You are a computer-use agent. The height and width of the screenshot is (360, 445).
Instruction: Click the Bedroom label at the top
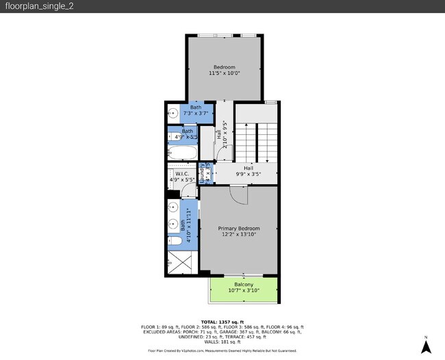click(224, 66)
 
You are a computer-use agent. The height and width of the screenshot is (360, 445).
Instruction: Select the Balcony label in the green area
click(244, 284)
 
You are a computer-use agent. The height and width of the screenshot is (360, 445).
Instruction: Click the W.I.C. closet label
click(181, 174)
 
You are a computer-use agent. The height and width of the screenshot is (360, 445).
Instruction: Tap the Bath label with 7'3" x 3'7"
click(196, 107)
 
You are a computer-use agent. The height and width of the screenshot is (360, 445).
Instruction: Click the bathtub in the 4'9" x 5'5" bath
click(182, 153)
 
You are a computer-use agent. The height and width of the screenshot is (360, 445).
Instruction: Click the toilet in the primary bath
click(175, 240)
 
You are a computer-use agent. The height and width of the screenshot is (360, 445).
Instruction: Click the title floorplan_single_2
click(34, 6)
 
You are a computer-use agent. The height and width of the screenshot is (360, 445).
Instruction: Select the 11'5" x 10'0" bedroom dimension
click(224, 73)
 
